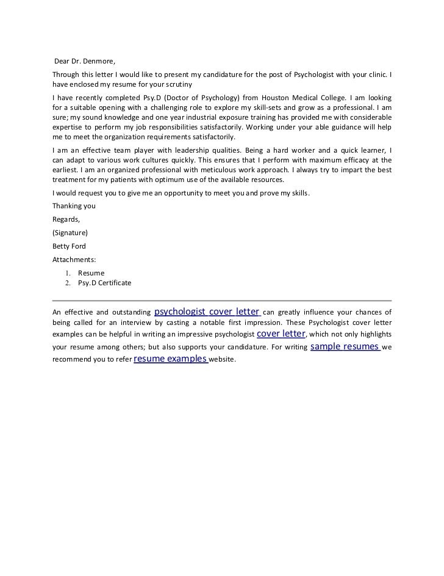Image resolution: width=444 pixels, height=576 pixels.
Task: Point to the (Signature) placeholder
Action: click(x=71, y=233)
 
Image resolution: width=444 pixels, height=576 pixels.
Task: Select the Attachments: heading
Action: click(x=74, y=260)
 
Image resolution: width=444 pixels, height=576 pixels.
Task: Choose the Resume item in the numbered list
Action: click(x=91, y=272)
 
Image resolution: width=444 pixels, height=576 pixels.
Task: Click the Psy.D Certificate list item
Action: click(x=104, y=283)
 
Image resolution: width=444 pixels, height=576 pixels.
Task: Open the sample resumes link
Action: click(x=346, y=346)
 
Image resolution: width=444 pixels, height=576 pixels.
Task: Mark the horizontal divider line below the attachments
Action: click(x=222, y=301)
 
